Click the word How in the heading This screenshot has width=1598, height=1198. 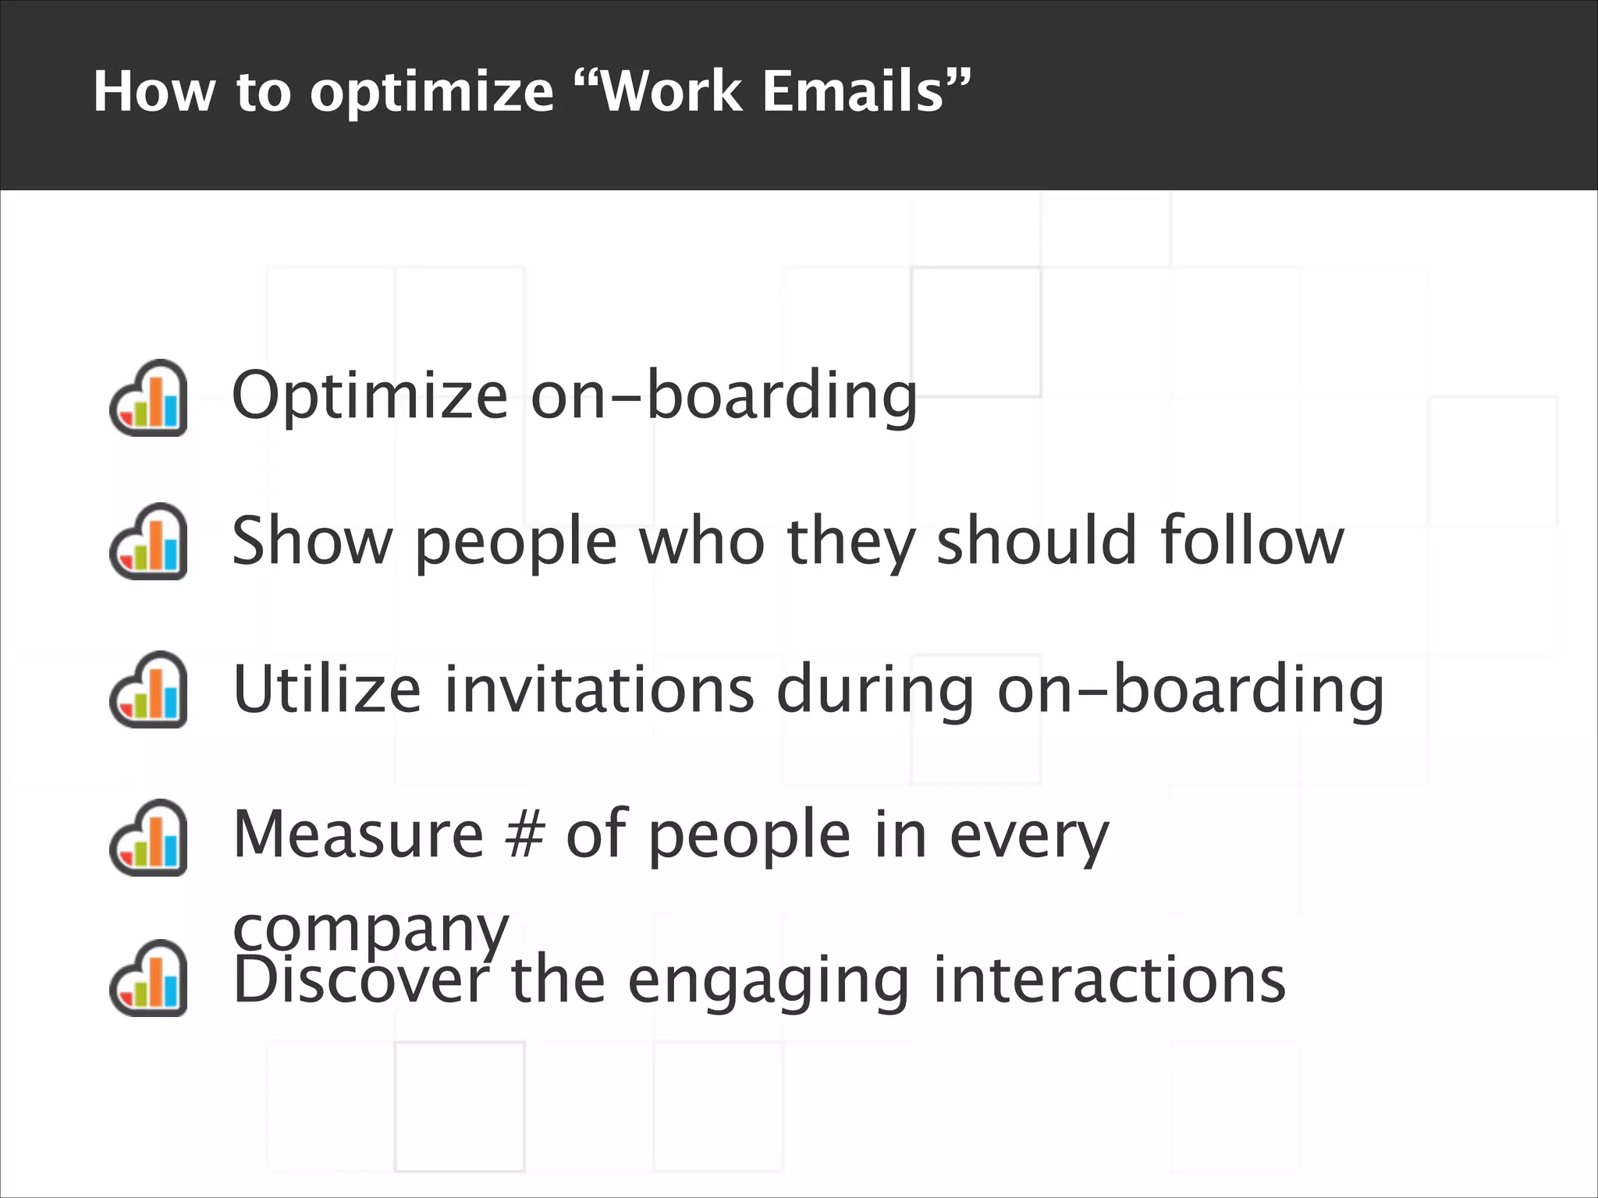[153, 92]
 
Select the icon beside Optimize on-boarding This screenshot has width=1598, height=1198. [148, 398]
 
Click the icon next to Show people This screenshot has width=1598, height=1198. [148, 541]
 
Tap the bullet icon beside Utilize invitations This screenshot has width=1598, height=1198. [148, 689]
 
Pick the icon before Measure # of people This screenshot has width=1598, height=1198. [148, 838]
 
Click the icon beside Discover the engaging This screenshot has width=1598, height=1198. [148, 978]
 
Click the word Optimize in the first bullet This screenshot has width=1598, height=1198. [370, 396]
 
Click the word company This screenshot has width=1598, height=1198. [371, 930]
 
